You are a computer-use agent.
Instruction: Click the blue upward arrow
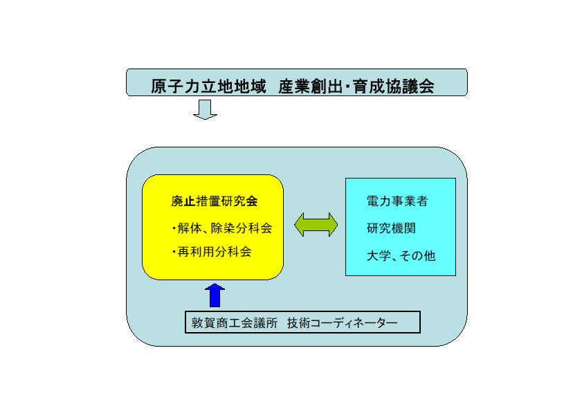[215, 295]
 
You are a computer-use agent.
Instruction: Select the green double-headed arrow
[316, 225]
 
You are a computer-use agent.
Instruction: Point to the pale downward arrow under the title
[206, 109]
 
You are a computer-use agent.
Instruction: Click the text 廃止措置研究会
[214, 201]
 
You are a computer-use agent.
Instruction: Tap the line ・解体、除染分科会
[221, 228]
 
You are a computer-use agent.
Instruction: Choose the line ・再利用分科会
[211, 252]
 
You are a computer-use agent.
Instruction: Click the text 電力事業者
[397, 201]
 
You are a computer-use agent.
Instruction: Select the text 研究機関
[391, 228]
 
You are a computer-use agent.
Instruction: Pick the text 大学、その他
[401, 255]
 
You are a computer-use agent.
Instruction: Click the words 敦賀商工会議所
[235, 322]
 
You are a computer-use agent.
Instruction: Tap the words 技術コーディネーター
[342, 322]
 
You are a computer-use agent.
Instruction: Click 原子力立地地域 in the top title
[208, 86]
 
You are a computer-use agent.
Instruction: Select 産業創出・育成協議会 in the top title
[356, 86]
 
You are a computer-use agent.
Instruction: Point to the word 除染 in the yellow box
[223, 228]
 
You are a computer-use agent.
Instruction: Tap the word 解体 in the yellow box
[190, 228]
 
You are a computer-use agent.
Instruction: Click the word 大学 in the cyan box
[379, 255]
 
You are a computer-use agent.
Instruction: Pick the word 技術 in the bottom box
[298, 322]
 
